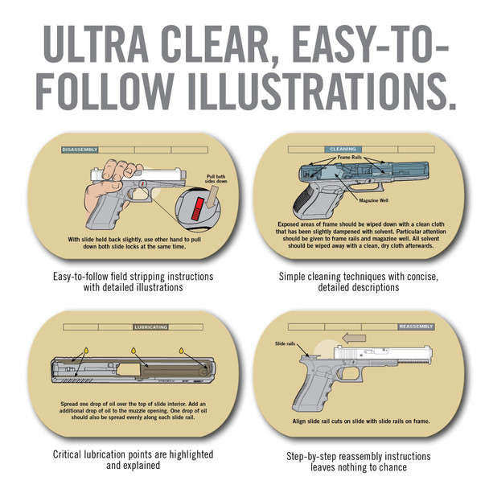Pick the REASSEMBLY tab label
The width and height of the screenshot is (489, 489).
pos(416,327)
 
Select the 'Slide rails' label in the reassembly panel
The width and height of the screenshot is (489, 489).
pos(286,343)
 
